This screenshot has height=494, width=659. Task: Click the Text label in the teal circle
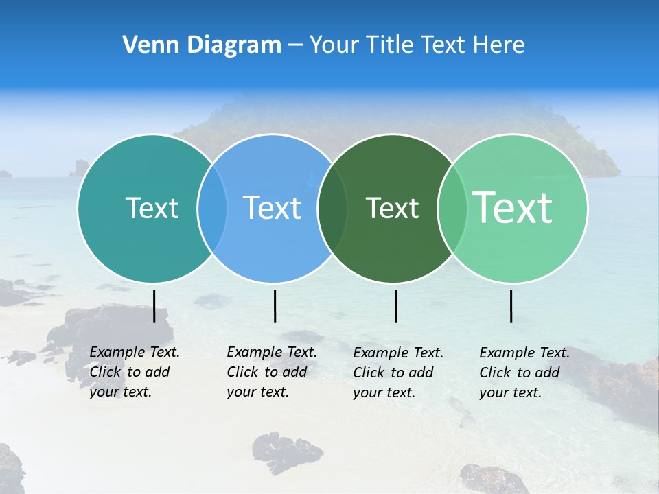click(x=152, y=208)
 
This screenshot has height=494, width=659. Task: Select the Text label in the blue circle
click(x=272, y=208)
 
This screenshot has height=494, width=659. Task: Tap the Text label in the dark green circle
click(x=392, y=208)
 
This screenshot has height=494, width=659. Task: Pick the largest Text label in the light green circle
click(x=513, y=207)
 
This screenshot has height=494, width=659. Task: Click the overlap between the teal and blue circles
click(x=212, y=209)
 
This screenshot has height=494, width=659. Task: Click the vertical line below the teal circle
click(x=154, y=306)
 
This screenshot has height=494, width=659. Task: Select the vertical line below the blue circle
click(x=275, y=306)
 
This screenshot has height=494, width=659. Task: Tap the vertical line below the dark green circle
click(x=396, y=306)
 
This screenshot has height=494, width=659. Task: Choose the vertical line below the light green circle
click(x=511, y=306)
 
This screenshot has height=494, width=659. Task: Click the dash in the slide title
click(x=295, y=45)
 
